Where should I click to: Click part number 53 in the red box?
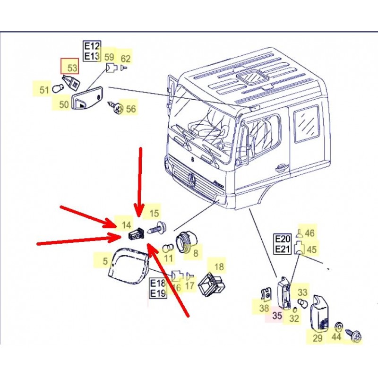tap(71, 68)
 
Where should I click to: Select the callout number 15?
tap(154, 214)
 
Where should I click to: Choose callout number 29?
tap(318, 337)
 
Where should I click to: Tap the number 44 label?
tap(336, 337)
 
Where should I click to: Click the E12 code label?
tap(92, 46)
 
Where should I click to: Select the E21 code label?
tap(283, 249)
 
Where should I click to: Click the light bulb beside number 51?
tap(57, 87)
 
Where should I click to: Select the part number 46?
tap(309, 233)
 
